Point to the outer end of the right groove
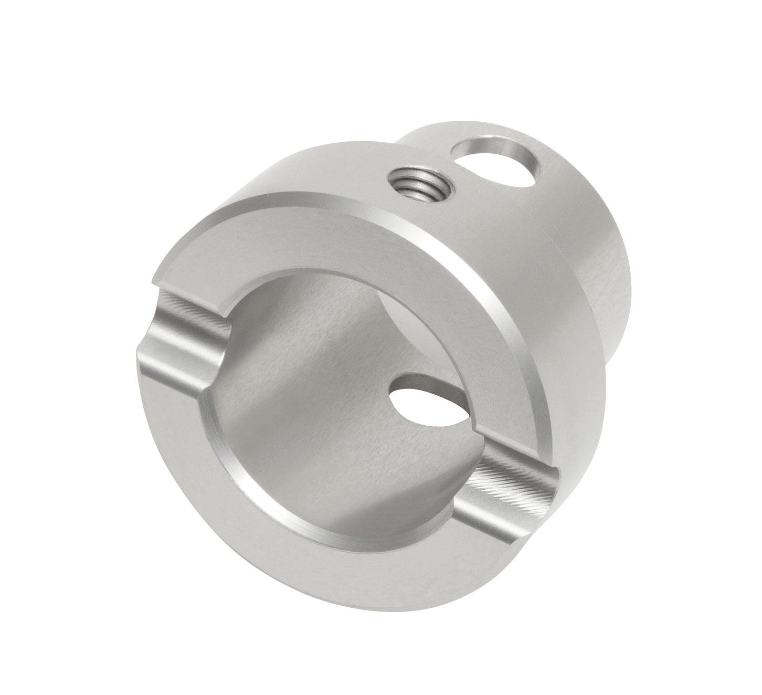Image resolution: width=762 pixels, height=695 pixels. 546,499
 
